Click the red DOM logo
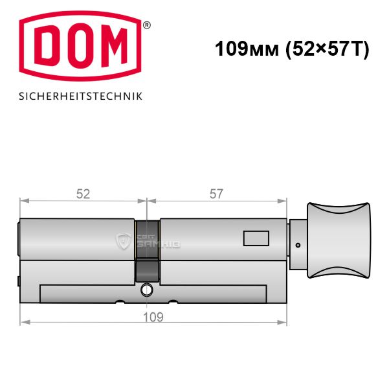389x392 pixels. point(80,46)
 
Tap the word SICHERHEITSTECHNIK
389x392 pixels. point(81,97)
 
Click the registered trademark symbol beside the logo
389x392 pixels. point(147,25)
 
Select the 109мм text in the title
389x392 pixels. point(247,49)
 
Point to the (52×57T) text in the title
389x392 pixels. point(328,49)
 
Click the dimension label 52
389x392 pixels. point(83,194)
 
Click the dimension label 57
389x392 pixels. point(216,194)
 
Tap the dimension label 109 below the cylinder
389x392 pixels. point(153,317)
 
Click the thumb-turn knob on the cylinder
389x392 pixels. point(339,240)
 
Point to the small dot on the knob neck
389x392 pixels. point(298,246)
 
